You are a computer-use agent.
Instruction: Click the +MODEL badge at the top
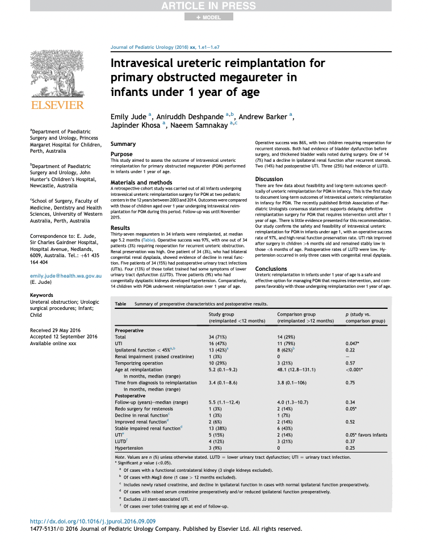(x=208, y=17)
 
